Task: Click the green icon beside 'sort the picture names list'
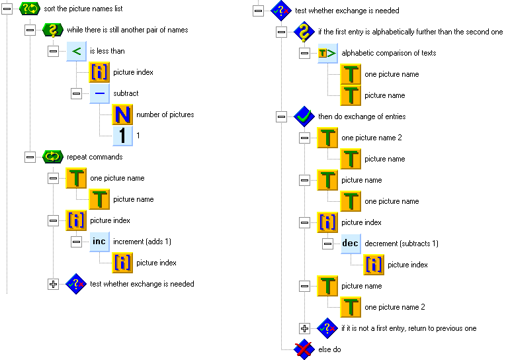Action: [x=30, y=9]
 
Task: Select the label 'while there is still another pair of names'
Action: [x=127, y=30]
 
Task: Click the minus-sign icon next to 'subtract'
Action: [x=99, y=94]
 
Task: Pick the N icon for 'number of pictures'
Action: [x=122, y=115]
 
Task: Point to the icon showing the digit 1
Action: [x=122, y=136]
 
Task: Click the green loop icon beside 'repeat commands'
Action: [x=53, y=157]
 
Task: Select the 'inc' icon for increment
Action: [x=99, y=242]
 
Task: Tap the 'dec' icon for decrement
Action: [x=350, y=244]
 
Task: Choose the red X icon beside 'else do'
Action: [x=304, y=349]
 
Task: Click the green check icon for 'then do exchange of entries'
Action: [x=304, y=116]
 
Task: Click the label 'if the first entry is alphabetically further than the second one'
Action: [x=410, y=32]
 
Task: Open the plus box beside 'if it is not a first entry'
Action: [x=304, y=328]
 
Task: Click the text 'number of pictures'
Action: [x=165, y=115]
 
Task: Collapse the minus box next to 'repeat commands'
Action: [x=30, y=157]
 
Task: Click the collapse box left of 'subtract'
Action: [x=76, y=94]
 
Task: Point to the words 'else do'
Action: [x=329, y=349]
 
